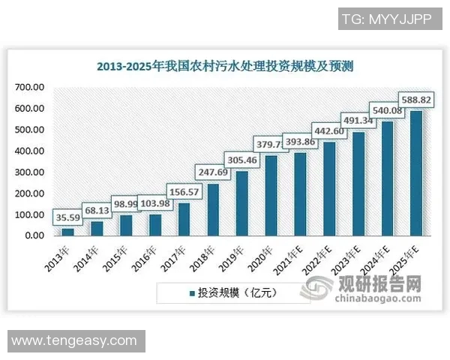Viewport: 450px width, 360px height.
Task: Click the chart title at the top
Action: coord(225,66)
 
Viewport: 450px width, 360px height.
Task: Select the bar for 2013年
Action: coord(67,232)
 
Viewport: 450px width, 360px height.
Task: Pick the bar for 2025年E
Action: coord(415,173)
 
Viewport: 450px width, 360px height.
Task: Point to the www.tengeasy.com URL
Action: coord(74,340)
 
